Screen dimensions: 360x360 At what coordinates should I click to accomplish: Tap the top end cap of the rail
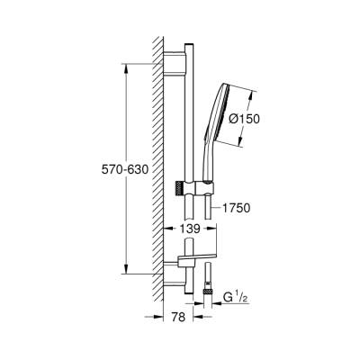pos(188,45)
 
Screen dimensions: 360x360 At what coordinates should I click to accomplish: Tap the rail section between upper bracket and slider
pos(188,126)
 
